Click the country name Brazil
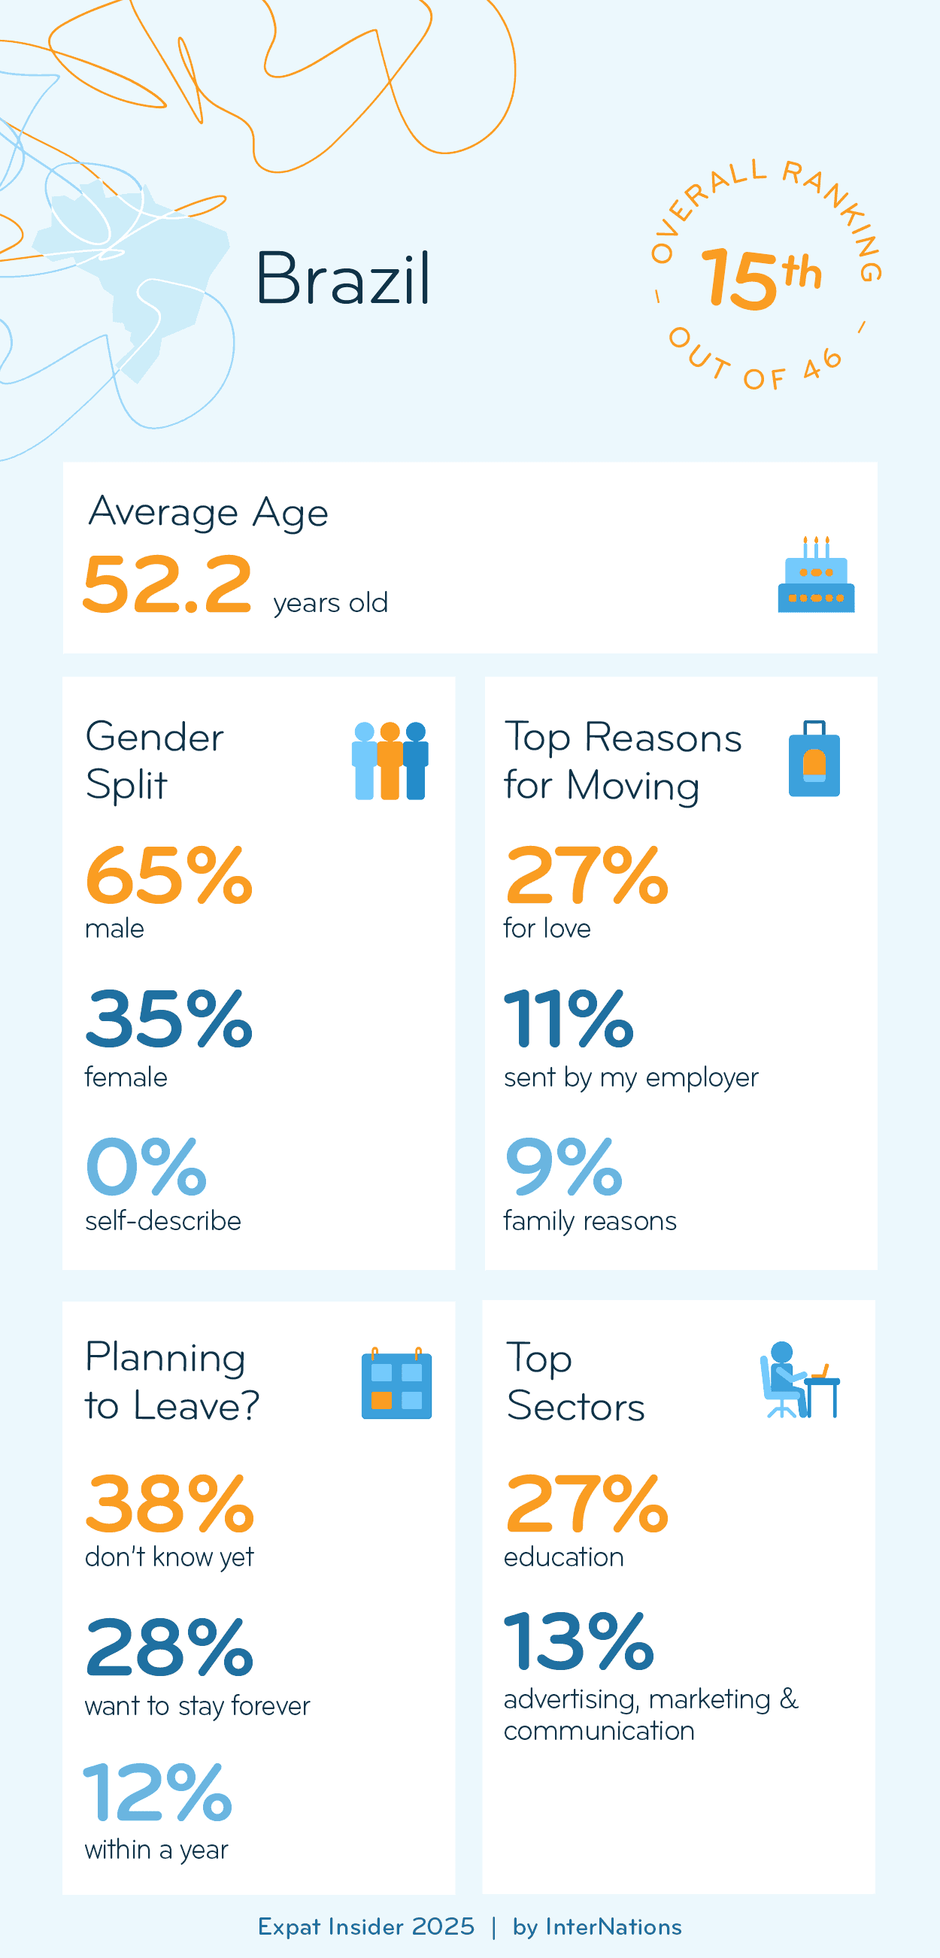pyautogui.click(x=343, y=279)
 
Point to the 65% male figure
pyautogui.click(x=168, y=876)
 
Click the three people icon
pyautogui.click(x=390, y=760)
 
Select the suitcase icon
pyautogui.click(x=814, y=759)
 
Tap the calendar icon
pyautogui.click(x=396, y=1384)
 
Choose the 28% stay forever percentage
pyautogui.click(x=168, y=1647)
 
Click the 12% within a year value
pyautogui.click(x=157, y=1793)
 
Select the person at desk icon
pyautogui.click(x=799, y=1381)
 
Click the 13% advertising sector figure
pyautogui.click(x=578, y=1641)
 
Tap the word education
pyautogui.click(x=563, y=1557)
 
